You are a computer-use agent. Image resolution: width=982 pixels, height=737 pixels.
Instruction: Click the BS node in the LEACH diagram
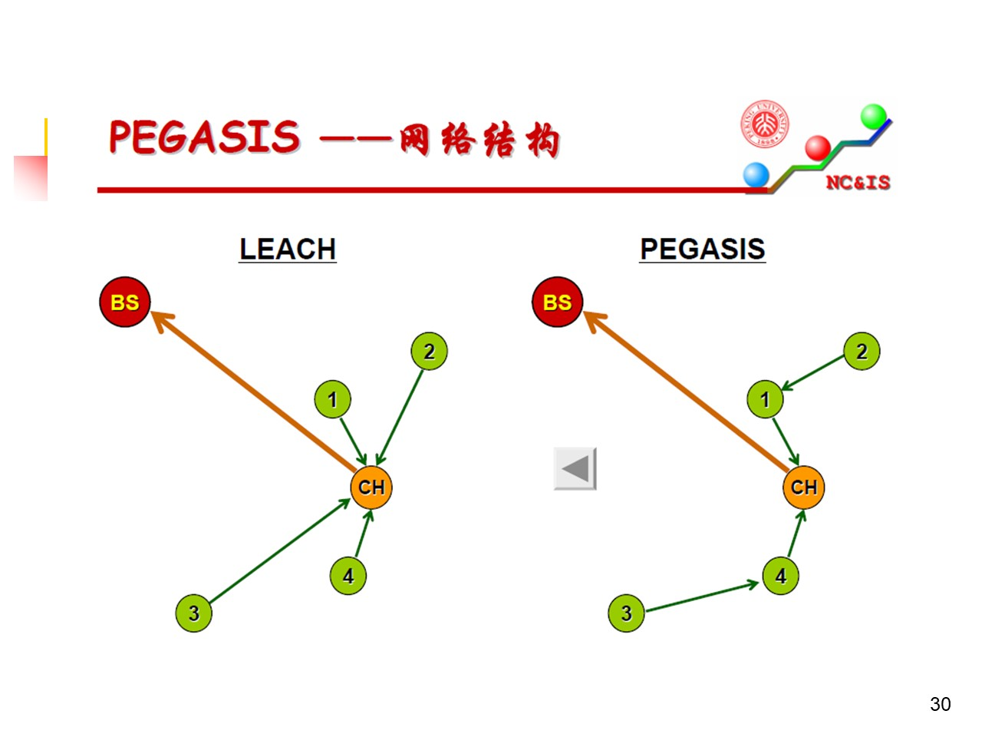[x=124, y=302]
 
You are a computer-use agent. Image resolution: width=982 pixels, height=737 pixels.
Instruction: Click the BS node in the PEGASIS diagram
[x=557, y=302]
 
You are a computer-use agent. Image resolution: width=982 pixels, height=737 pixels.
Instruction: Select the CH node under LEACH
[x=371, y=487]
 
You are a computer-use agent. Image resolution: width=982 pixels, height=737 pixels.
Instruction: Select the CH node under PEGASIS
[x=804, y=487]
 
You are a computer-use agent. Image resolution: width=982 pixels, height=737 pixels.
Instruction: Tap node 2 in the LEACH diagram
[x=429, y=352]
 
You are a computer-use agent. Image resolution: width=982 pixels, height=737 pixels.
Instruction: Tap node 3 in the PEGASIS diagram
[x=626, y=613]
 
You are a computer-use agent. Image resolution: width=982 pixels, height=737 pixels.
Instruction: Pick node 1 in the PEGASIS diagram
[x=765, y=399]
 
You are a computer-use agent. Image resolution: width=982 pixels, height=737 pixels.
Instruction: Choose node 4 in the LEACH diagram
[x=348, y=576]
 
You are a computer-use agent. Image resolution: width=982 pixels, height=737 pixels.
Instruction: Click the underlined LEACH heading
[x=288, y=249]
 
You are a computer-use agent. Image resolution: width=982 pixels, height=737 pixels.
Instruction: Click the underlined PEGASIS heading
[x=703, y=249]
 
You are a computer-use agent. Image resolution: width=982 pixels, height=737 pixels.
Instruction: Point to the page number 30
[x=940, y=704]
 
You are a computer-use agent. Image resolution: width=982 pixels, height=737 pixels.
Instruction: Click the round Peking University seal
[x=765, y=124]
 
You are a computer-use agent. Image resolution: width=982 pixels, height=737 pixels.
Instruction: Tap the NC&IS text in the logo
[x=858, y=182]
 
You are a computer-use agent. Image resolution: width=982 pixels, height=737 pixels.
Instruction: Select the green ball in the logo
[x=874, y=117]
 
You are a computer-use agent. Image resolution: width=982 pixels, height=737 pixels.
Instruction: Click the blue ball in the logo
[x=756, y=174]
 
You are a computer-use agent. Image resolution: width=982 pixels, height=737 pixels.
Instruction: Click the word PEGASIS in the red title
[x=204, y=138]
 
